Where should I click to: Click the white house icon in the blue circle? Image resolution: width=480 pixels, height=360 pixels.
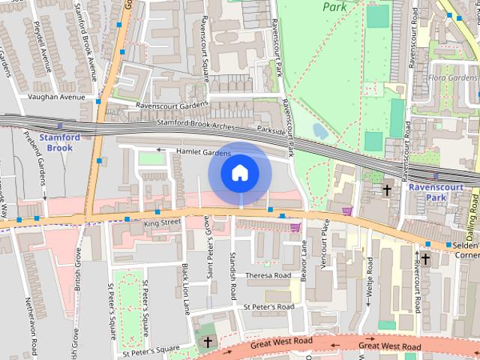coord(239,173)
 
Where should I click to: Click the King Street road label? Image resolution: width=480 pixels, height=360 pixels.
coord(163,223)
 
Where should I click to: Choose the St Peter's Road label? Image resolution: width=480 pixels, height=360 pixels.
coord(268,307)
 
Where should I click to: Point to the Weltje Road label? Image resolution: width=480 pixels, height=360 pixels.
coord(370,281)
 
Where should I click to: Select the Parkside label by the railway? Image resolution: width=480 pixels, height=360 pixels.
coord(271,130)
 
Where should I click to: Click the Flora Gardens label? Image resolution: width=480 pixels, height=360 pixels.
coord(452,78)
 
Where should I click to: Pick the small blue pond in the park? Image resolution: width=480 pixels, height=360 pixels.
coord(319,130)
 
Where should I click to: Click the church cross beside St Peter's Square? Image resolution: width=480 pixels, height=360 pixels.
coord(206,341)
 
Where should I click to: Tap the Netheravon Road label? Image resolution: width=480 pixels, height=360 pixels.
coord(33,330)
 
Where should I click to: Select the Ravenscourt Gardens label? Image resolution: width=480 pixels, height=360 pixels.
coord(171,106)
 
